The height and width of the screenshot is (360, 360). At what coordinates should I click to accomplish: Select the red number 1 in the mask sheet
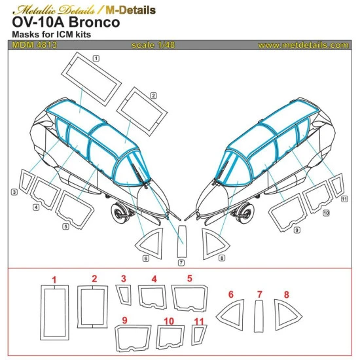54,280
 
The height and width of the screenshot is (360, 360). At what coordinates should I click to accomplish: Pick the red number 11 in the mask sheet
199,321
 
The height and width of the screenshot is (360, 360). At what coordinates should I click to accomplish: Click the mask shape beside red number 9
133,337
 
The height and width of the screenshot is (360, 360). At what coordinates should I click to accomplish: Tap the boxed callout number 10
325,213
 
